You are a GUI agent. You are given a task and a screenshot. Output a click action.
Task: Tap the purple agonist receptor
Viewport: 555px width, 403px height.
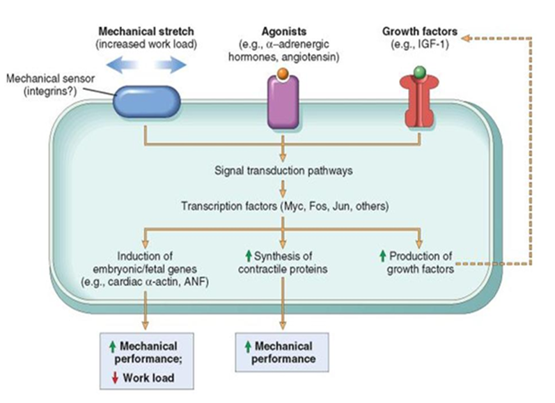tap(283, 102)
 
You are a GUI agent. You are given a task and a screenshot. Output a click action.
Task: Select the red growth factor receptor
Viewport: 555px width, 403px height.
tap(418, 102)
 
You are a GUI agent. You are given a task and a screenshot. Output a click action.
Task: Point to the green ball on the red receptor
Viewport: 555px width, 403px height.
tap(418, 71)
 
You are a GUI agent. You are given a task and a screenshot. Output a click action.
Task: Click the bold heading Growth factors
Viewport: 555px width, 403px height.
tap(420, 31)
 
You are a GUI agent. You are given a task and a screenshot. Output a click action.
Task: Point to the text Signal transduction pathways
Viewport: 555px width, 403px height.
tap(283, 170)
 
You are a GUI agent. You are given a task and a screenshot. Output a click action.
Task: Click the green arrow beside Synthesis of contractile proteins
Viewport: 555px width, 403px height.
tap(247, 255)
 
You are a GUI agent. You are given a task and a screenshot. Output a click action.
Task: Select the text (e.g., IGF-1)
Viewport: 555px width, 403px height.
tap(420, 45)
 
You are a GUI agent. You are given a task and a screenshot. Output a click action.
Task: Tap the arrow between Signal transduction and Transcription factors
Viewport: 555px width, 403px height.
tap(283, 188)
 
